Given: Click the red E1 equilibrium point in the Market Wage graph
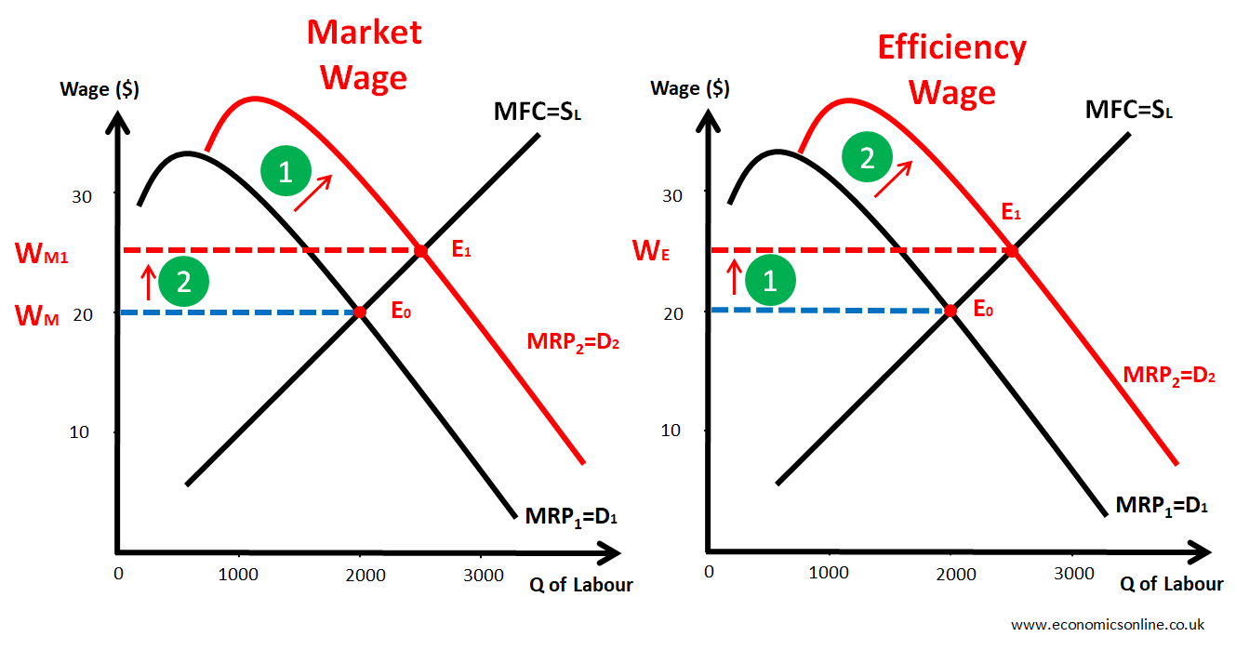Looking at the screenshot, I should pos(421,251).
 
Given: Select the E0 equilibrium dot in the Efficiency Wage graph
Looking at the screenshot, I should pos(950,311).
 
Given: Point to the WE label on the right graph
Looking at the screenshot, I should pos(650,252).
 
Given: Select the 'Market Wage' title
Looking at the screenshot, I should pos(365,54).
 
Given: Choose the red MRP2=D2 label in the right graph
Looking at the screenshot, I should pos(1169,376).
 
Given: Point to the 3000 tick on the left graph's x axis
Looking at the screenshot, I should pos(484,574).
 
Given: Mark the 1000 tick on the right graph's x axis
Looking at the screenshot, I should pos(828,573).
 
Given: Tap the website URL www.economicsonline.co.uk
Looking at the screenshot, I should pos(1108,624).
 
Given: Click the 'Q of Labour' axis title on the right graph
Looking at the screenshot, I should pos(1171,584).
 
